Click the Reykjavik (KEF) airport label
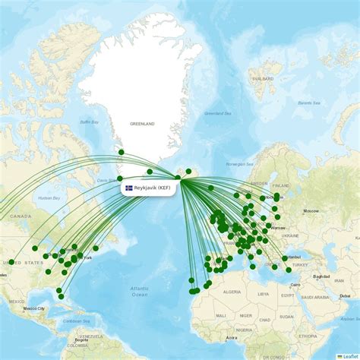(151, 188)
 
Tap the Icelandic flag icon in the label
(129, 188)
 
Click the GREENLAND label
(142, 124)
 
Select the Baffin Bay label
(90, 122)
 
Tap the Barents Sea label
(309, 103)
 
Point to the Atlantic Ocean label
(139, 291)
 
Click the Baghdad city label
(321, 276)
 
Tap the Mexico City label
(34, 308)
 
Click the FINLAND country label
(281, 185)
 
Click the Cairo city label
(295, 285)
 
